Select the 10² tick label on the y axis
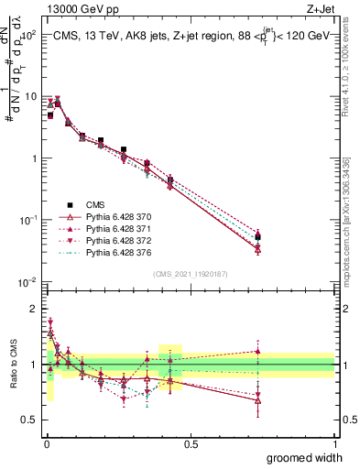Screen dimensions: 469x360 27,35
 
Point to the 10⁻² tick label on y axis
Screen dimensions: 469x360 27,282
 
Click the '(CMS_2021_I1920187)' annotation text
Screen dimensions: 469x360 190,274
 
